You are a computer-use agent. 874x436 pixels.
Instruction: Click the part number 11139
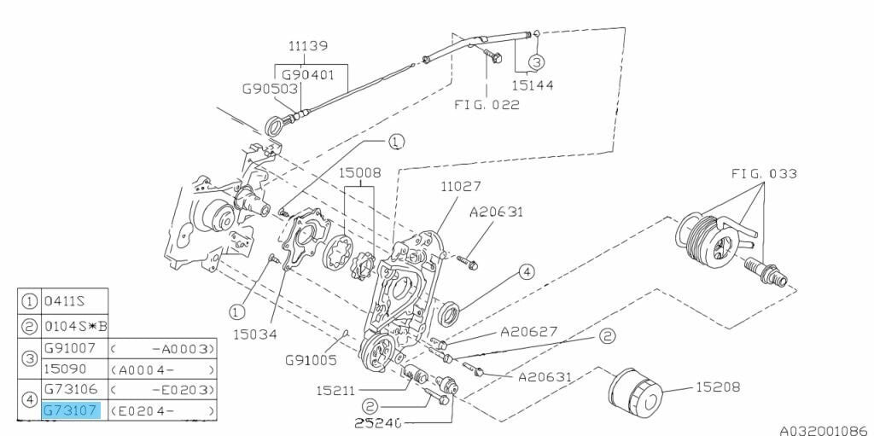click(308, 46)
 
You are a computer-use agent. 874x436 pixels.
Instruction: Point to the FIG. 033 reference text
click(764, 174)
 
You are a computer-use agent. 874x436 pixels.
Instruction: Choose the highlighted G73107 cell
click(71, 410)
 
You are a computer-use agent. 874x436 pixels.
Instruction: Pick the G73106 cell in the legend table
click(71, 390)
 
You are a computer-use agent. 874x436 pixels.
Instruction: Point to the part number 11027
click(463, 186)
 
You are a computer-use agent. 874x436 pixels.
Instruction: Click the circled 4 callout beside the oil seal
click(527, 272)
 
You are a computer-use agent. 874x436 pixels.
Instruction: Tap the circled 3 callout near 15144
click(536, 61)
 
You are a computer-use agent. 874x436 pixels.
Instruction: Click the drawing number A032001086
click(824, 424)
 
